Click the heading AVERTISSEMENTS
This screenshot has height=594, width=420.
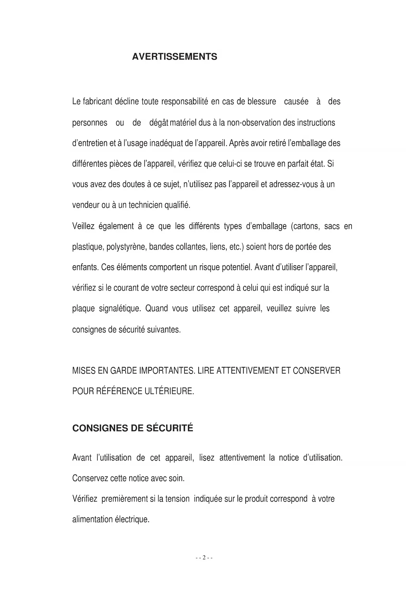[174, 57]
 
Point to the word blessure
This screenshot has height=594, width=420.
[262, 102]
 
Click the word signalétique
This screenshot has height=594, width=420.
[119, 309]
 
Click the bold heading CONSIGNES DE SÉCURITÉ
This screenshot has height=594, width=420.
[133, 428]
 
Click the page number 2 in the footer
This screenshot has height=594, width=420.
[204, 558]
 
